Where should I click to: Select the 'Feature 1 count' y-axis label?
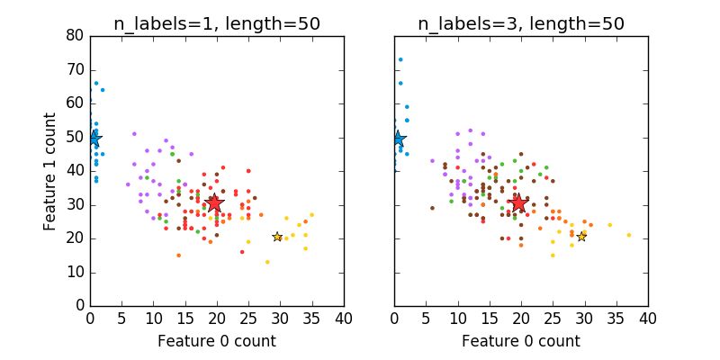50,171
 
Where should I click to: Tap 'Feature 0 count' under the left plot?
216,341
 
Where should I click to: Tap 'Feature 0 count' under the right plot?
520,341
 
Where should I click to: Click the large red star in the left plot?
214,203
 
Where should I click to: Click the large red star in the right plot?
518,203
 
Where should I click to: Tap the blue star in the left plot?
94,138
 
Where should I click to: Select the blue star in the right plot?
397,139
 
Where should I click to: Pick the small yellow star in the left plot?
277,237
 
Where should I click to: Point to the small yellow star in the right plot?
581,237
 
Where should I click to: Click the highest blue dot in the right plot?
400,59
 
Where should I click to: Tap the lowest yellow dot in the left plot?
267,262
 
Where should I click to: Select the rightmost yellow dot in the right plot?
628,235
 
